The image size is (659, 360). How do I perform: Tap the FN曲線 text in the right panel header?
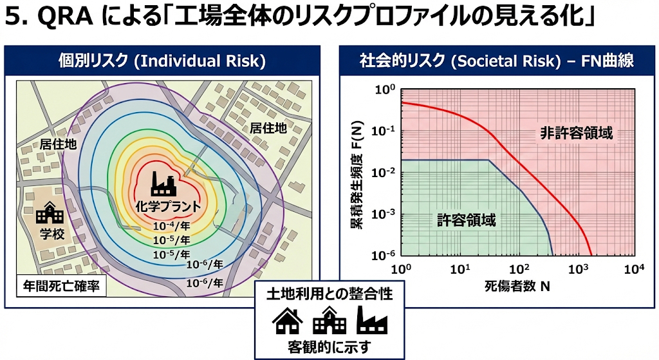(606, 61)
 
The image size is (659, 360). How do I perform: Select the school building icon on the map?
(49, 213)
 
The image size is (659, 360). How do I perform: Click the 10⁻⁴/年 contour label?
(171, 227)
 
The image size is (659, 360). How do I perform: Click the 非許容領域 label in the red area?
(575, 133)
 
